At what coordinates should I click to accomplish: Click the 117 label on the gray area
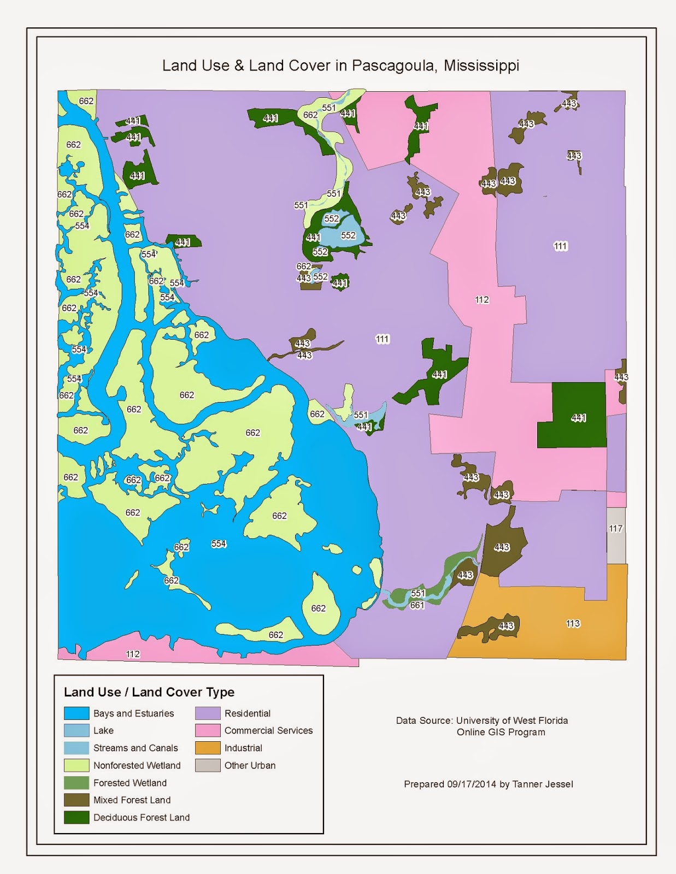click(x=615, y=528)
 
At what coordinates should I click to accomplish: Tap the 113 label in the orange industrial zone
click(x=573, y=623)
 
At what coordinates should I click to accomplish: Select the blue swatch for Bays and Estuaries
click(x=77, y=713)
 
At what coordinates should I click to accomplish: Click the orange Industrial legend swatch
click(x=208, y=748)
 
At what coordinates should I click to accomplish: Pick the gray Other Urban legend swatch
click(x=208, y=765)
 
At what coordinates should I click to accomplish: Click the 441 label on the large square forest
click(x=579, y=418)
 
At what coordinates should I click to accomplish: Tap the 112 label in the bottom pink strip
click(x=133, y=654)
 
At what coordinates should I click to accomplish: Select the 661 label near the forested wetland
click(x=417, y=605)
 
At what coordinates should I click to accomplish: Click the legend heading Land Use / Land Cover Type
click(x=149, y=692)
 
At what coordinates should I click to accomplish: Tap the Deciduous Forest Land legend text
click(x=142, y=817)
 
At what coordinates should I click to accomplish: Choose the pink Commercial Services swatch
click(x=208, y=730)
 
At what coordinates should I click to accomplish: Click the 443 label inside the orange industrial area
click(x=506, y=625)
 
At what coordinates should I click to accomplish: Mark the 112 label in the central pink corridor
click(x=481, y=299)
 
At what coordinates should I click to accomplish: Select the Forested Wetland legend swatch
click(x=77, y=783)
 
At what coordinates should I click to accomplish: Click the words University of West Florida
click(x=512, y=721)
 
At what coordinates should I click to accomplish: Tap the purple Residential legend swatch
click(x=208, y=713)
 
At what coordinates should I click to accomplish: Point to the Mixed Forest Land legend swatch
click(x=77, y=800)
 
